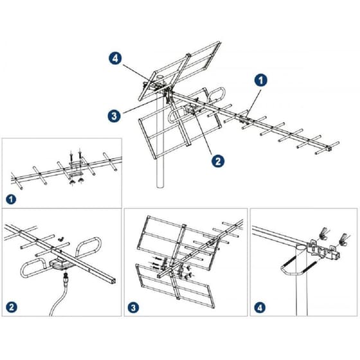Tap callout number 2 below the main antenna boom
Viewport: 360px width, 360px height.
pos(218,161)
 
